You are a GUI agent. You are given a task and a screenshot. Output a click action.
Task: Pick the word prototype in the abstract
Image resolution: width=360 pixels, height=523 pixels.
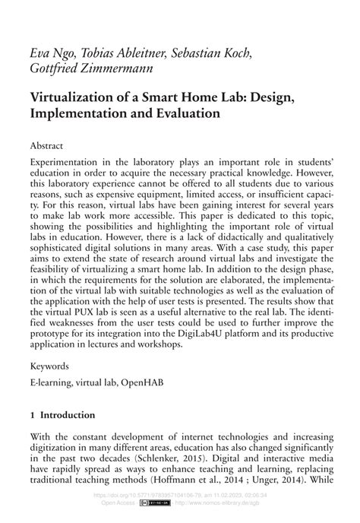(55, 331)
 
